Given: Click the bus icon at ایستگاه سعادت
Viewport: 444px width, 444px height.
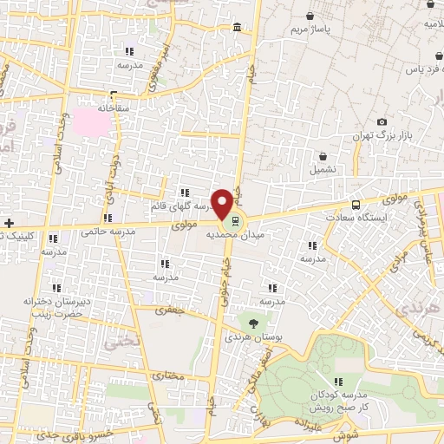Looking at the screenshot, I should point(357,206).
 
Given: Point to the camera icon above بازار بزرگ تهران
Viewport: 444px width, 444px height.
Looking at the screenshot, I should point(382,122).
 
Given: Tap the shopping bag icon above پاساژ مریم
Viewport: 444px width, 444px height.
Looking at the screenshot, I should point(310,16).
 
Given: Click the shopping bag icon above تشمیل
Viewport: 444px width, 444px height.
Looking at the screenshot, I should point(323,157).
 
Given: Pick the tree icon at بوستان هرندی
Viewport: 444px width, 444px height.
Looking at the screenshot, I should point(253,322).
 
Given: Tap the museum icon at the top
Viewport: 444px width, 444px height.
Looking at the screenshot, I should point(238,29).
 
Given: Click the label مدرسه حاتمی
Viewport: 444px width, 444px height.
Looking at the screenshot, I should point(108,232).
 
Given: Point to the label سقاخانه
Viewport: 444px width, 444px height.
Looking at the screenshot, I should point(114,108).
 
